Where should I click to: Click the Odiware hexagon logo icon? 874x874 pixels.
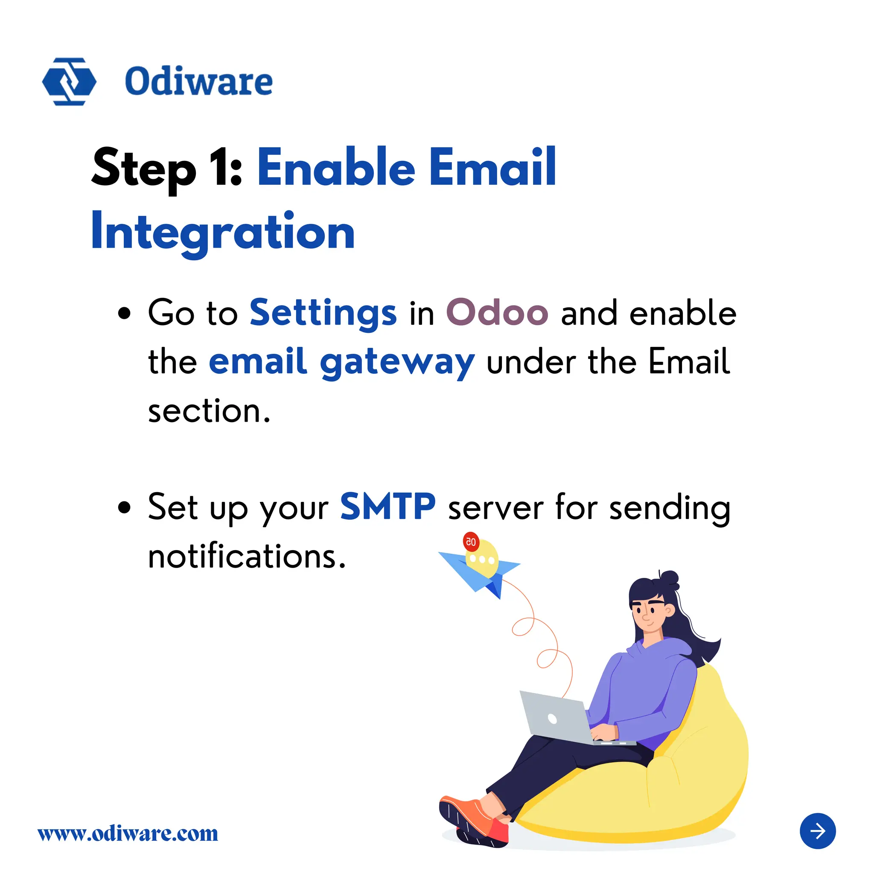69,82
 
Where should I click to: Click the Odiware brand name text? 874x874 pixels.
198,82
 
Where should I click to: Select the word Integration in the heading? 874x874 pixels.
223,232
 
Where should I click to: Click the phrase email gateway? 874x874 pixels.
341,362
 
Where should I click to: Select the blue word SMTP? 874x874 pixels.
387,507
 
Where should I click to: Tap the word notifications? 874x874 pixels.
247,556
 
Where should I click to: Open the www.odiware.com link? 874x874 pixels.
128,833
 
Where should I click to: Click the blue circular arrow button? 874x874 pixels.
817,831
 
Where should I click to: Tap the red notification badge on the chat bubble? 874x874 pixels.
471,542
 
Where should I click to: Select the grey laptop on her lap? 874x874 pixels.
559,719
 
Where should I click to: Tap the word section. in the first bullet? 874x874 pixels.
209,412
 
